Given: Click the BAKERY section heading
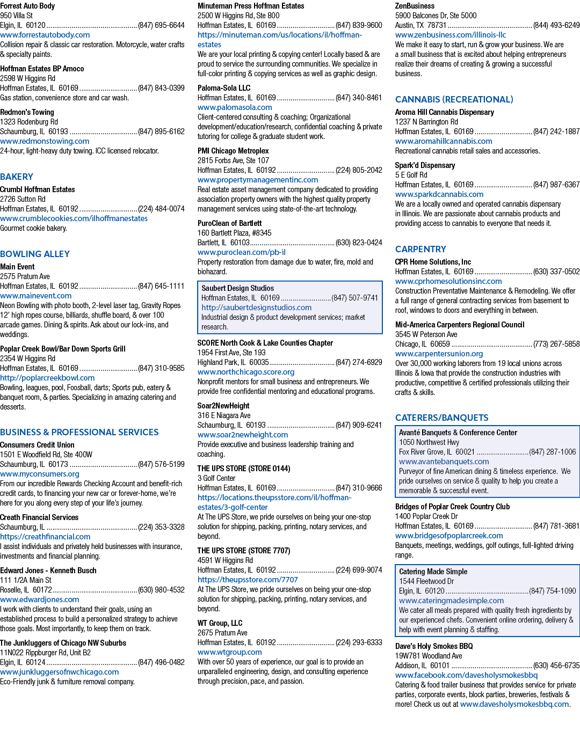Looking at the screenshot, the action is [x=17, y=177].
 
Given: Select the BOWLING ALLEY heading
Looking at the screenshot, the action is [x=35, y=254].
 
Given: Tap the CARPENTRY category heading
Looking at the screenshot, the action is [x=421, y=249].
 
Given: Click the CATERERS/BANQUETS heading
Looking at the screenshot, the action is [x=441, y=418].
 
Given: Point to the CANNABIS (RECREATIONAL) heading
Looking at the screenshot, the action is [x=454, y=99].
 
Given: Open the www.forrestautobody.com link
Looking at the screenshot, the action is [x=45, y=35].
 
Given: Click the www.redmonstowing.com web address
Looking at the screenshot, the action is [x=45, y=141].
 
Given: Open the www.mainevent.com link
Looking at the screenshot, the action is [x=35, y=296].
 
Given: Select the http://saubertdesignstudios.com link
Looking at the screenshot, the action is [x=257, y=308].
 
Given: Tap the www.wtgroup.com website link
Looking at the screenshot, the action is [x=229, y=652].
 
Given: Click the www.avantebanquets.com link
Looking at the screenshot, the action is [x=444, y=462].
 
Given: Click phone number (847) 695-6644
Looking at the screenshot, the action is [x=161, y=25].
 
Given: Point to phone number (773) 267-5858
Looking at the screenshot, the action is [x=556, y=344].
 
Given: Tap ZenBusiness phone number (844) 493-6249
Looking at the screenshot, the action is [x=556, y=25].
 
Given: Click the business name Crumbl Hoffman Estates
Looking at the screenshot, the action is [x=38, y=189].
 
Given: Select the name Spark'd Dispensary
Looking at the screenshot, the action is [x=425, y=165].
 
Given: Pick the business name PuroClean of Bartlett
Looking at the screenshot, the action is [x=229, y=223].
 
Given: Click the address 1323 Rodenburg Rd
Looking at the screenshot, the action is [x=29, y=122].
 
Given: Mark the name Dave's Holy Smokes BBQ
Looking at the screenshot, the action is [x=434, y=646].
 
